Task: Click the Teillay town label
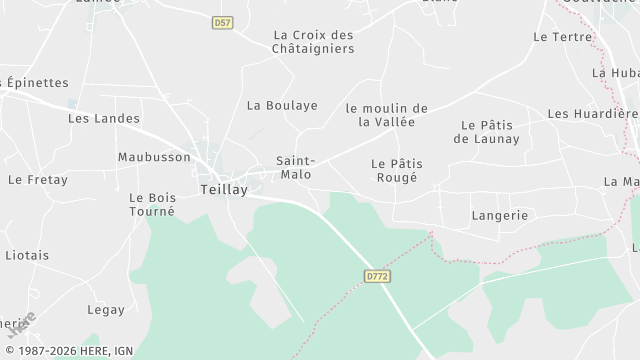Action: click(x=224, y=188)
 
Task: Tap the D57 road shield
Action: click(x=222, y=22)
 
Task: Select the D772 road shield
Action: click(x=376, y=274)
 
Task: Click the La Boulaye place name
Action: click(x=282, y=105)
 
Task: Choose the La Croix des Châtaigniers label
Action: click(x=313, y=41)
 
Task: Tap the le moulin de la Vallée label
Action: click(x=387, y=115)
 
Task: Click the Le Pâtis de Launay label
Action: click(x=486, y=132)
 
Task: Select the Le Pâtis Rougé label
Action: click(x=394, y=170)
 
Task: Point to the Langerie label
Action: click(x=499, y=215)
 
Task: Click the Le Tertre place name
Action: click(x=563, y=37)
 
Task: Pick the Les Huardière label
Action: click(x=592, y=113)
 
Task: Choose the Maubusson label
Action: click(x=154, y=157)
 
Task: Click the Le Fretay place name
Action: click(x=37, y=180)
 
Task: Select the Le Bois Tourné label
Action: click(x=152, y=204)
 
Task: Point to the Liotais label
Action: click(x=27, y=255)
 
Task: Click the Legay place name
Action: click(x=105, y=310)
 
